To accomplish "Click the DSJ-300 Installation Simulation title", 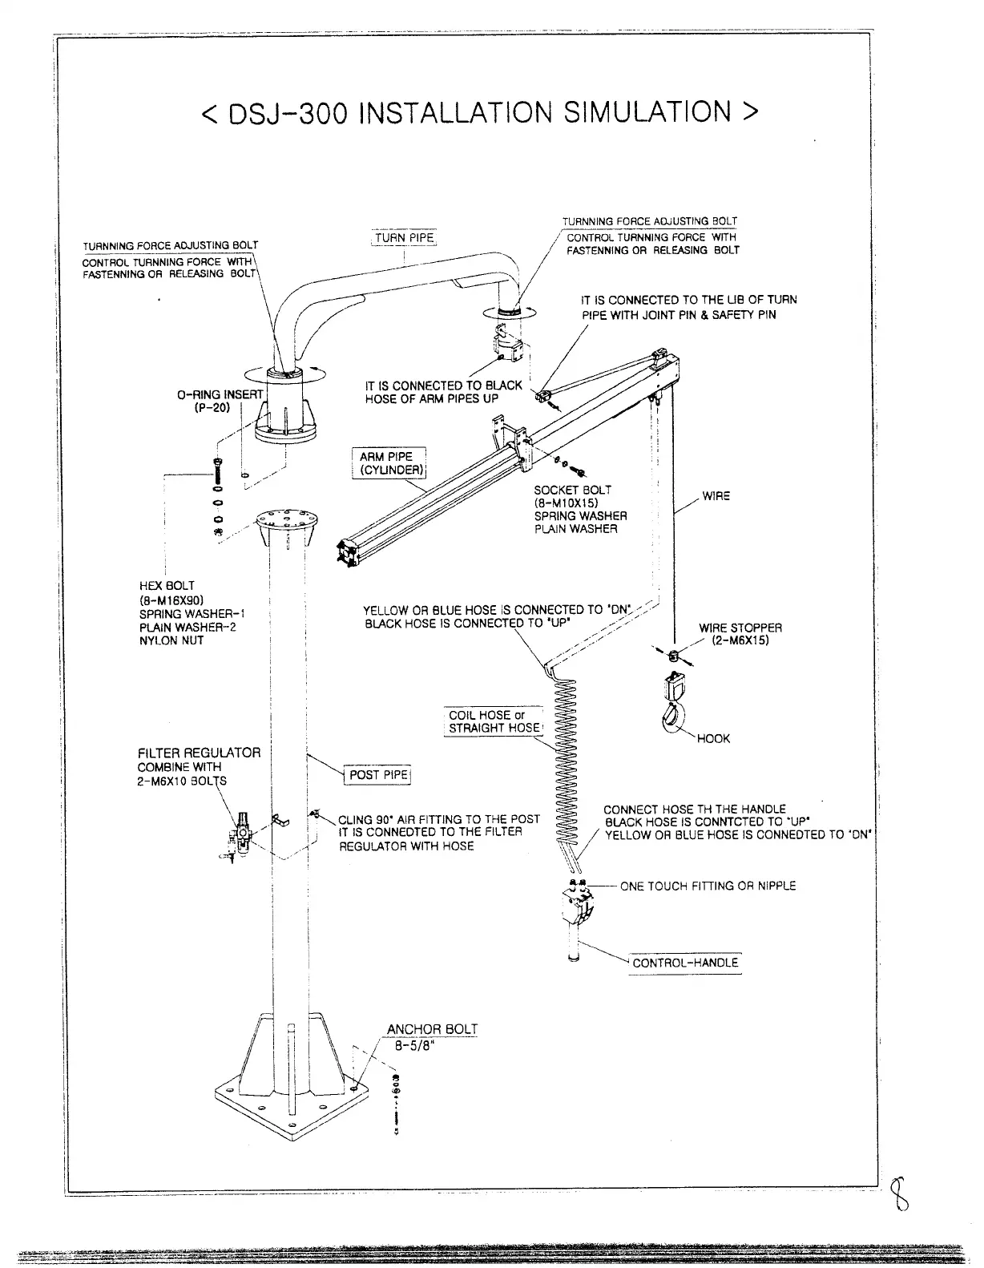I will click(479, 113).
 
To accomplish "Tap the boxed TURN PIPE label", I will click(404, 238).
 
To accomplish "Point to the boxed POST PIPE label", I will click(379, 775).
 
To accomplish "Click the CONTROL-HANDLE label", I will click(685, 963).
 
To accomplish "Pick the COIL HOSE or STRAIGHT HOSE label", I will click(494, 721).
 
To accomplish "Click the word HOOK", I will click(713, 738).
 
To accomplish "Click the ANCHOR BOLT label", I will click(432, 1029).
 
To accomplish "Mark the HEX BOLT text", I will click(167, 586).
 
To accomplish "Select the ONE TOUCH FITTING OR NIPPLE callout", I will click(708, 886).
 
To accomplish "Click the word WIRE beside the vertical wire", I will click(716, 496).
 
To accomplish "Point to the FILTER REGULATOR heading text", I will click(199, 753).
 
